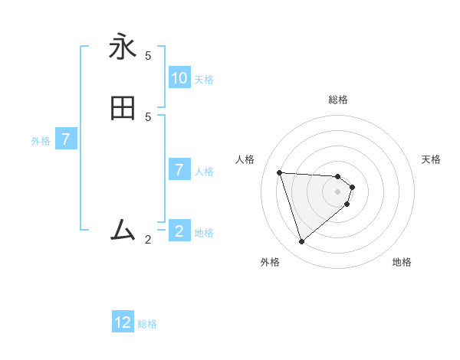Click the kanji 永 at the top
[123, 47]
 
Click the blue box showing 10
[179, 78]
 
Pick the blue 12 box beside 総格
[123, 322]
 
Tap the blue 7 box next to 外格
[66, 140]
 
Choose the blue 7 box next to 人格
[179, 170]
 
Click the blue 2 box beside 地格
[179, 231]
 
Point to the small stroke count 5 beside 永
[148, 56]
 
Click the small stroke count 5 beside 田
[148, 117]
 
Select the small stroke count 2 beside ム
[148, 240]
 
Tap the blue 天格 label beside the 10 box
[204, 80]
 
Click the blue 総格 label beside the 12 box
[147, 324]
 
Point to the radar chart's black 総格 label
[338, 100]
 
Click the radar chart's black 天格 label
[432, 159]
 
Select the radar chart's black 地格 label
[402, 262]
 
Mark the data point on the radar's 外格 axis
[302, 242]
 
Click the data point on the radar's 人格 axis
[280, 172]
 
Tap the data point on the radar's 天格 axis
[353, 187]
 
